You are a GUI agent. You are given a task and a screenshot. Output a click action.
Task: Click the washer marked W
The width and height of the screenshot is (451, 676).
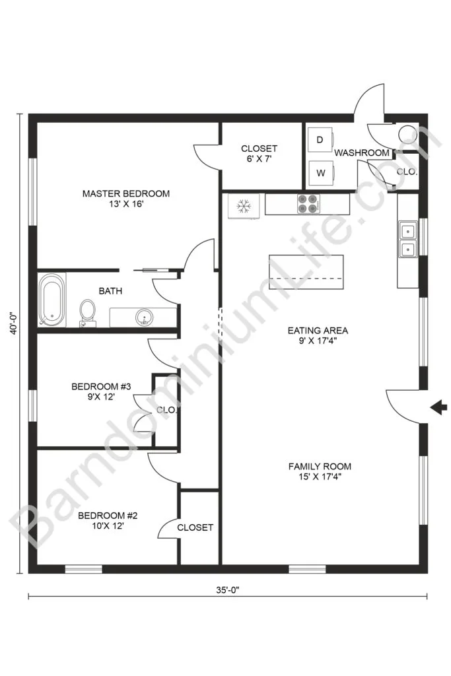click(321, 173)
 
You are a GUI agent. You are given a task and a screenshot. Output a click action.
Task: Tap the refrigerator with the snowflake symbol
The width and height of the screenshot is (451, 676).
click(244, 206)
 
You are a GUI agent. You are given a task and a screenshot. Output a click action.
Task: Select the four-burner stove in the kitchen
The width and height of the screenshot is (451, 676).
click(309, 204)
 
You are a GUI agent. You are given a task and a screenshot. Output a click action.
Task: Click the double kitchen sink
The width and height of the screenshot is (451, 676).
click(407, 239)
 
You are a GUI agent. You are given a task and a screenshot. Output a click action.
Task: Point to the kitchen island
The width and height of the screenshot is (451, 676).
click(306, 272)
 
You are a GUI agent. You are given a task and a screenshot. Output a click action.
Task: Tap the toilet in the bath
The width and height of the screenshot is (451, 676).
click(88, 312)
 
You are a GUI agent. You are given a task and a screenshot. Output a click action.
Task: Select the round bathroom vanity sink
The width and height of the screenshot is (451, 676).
click(143, 318)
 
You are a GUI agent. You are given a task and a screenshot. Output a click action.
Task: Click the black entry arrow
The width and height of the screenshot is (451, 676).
click(438, 407)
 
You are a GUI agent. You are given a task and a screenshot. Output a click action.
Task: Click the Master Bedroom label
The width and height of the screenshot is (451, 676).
click(126, 199)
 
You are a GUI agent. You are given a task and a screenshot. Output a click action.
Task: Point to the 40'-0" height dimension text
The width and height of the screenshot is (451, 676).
click(15, 323)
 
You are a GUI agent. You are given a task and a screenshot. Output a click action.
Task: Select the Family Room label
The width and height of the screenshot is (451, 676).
click(320, 471)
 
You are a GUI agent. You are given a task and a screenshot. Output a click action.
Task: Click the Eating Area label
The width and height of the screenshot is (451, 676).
click(318, 335)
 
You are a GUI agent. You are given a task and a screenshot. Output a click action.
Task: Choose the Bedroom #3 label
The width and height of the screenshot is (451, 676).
click(101, 391)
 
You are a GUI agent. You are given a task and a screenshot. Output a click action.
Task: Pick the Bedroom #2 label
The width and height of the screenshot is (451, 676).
click(108, 520)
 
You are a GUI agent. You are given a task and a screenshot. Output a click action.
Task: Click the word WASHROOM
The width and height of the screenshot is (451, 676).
click(362, 152)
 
